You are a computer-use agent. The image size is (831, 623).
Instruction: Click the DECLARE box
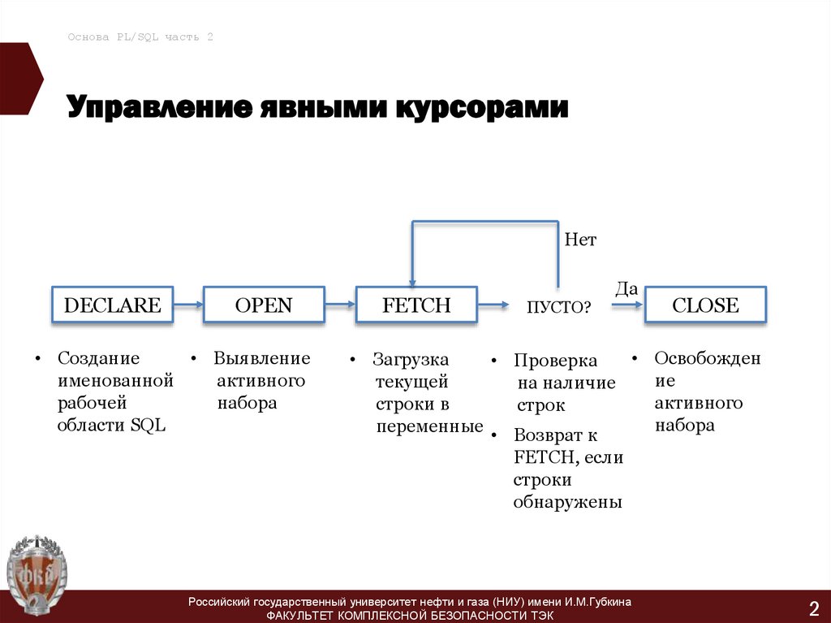tap(113, 305)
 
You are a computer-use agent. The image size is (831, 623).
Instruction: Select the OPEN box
tap(264, 305)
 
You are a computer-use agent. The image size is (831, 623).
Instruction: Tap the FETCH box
tap(416, 305)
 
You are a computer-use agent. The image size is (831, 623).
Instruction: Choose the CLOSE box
tap(705, 305)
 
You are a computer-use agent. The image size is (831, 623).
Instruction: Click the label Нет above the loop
tap(580, 240)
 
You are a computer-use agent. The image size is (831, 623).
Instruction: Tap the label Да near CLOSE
tap(626, 288)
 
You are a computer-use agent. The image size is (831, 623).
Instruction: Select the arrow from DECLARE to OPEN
tap(188, 305)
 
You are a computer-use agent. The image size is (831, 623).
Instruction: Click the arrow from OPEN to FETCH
tap(340, 305)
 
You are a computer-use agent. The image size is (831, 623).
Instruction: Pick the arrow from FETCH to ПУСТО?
tap(493, 306)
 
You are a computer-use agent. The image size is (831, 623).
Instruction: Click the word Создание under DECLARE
tap(98, 358)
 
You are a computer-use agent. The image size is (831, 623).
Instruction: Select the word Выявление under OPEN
tap(262, 358)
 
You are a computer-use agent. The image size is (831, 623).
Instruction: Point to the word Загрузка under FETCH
tap(411, 359)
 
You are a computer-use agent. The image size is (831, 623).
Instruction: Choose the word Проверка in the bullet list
tap(555, 361)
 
